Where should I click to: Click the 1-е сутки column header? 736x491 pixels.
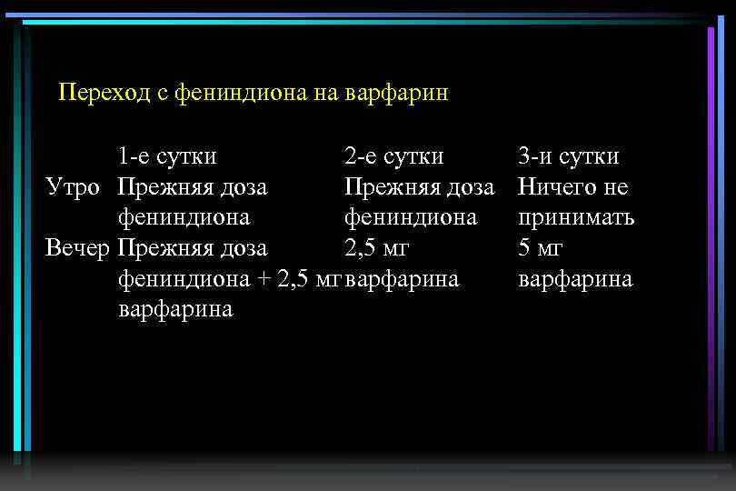click(167, 156)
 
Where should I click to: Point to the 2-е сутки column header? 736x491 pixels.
click(394, 156)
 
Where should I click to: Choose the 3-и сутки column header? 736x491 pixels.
click(569, 156)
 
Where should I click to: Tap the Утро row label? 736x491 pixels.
click(77, 187)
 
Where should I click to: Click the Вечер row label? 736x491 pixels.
click(79, 248)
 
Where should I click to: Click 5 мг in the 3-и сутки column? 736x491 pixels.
click(541, 248)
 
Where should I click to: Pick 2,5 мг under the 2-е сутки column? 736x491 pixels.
click(376, 248)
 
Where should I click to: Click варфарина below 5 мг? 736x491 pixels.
click(575, 279)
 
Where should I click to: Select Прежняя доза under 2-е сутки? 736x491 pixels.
click(419, 187)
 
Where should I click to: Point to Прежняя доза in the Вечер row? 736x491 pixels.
click(193, 248)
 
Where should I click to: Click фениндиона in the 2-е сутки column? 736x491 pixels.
click(411, 218)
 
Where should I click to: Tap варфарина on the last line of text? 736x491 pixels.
click(175, 309)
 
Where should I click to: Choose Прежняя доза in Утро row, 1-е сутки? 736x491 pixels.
click(193, 187)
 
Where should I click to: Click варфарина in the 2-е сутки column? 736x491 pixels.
click(403, 279)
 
